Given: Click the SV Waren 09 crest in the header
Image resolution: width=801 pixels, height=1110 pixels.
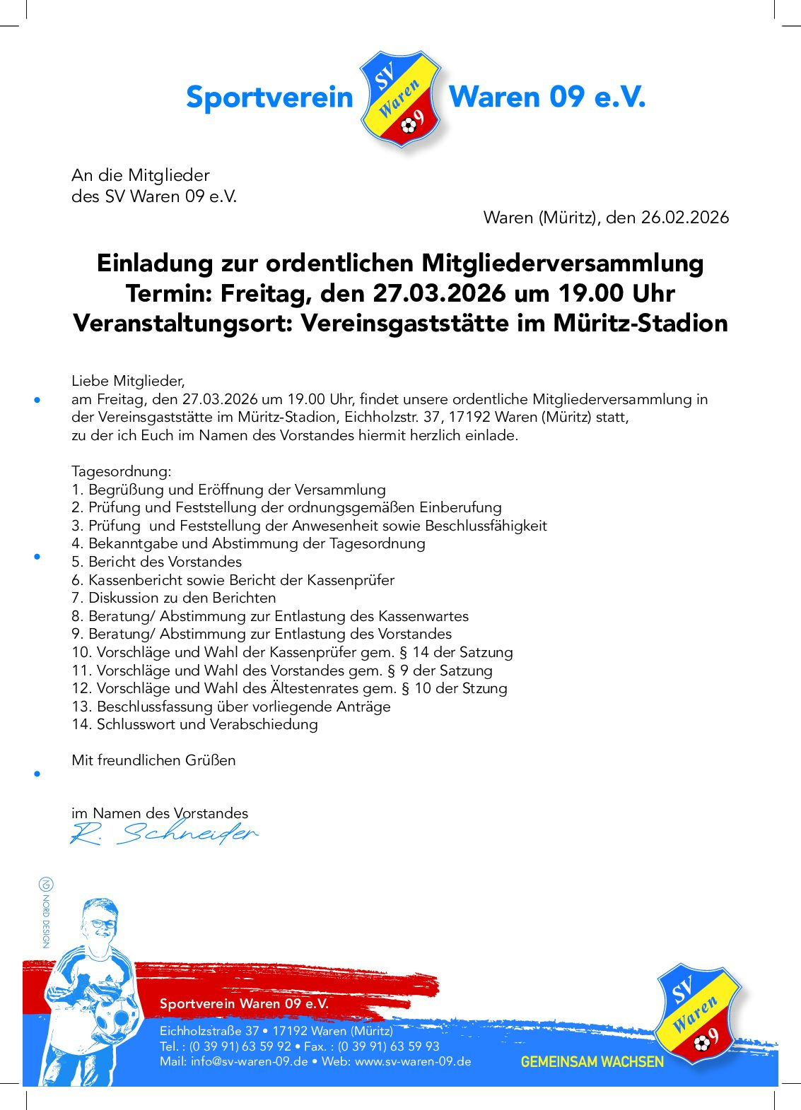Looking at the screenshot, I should (x=401, y=98).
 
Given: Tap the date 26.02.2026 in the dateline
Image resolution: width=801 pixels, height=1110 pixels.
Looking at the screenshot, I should (x=684, y=218).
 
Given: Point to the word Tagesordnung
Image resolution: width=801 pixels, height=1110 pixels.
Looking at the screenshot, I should (x=121, y=471).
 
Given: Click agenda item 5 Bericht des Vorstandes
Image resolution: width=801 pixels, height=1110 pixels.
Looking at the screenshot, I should (x=156, y=562).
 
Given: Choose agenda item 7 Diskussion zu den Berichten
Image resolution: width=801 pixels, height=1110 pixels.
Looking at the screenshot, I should (x=173, y=598).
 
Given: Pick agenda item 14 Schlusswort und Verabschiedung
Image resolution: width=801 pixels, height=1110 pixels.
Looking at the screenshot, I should (x=194, y=724).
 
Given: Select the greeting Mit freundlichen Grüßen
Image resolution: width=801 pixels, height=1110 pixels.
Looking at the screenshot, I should (x=153, y=760).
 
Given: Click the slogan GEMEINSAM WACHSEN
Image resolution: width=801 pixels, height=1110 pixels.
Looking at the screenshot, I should (x=592, y=1062).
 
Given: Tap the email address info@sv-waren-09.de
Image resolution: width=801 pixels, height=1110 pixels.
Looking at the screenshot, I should (x=249, y=1061).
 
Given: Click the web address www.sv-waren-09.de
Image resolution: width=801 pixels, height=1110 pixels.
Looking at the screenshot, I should (x=412, y=1061).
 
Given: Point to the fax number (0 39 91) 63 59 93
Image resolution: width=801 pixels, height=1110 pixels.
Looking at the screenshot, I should (x=388, y=1046).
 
